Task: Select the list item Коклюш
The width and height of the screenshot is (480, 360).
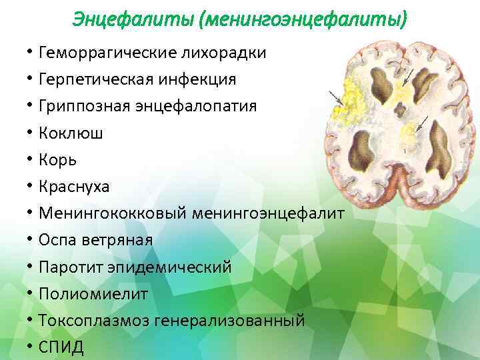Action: coord(71,133)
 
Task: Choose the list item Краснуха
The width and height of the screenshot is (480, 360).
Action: coord(74,187)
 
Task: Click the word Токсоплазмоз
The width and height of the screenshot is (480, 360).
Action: coord(93,321)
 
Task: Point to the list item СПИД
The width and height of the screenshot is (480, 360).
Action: coord(61,347)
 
